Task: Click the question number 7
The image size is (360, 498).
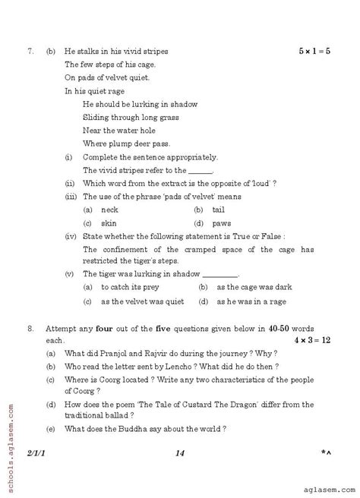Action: pyautogui.click(x=30, y=52)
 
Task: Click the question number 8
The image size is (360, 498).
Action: pyautogui.click(x=30, y=332)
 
